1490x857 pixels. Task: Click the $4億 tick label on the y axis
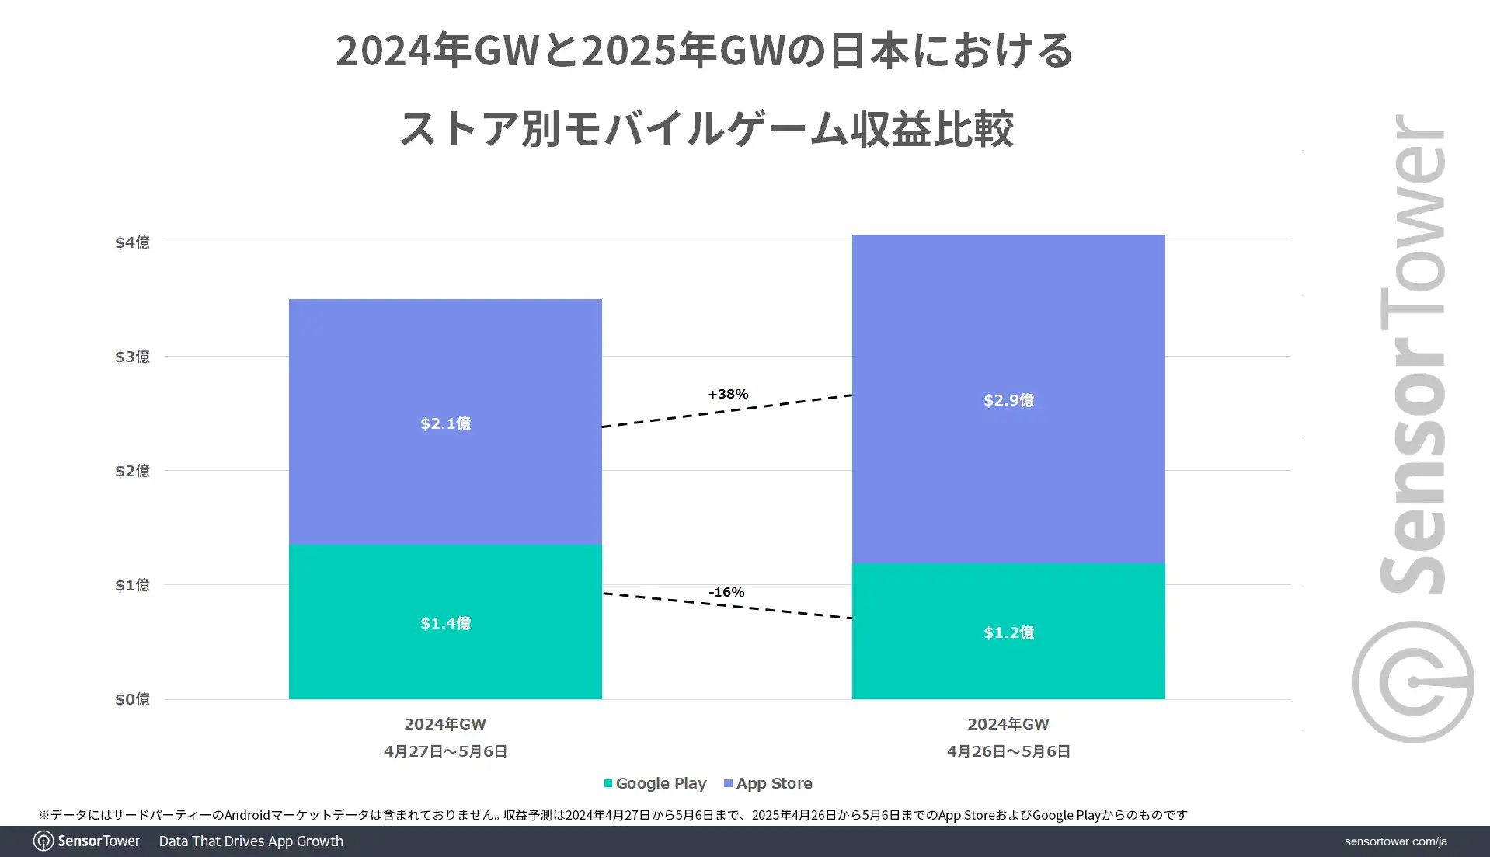132,242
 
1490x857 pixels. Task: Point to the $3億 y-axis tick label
132,357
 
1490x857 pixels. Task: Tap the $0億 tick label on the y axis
132,699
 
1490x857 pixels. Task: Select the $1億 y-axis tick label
132,585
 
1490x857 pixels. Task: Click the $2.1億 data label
445,423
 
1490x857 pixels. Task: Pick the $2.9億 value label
1008,400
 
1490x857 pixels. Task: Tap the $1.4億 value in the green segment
445,623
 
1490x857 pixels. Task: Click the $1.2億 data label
1008,632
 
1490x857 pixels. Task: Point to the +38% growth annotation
728,394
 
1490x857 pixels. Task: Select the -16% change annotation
726,592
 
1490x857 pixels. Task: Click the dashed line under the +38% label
727,411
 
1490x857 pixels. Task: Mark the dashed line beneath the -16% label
727,606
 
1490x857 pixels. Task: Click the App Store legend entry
768,783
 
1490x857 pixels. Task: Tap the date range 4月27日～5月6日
445,751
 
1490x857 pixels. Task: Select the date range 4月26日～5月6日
1008,751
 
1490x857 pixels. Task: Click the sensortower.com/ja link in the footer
1395,841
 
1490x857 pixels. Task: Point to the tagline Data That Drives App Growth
251,841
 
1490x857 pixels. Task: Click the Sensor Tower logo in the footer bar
87,841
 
